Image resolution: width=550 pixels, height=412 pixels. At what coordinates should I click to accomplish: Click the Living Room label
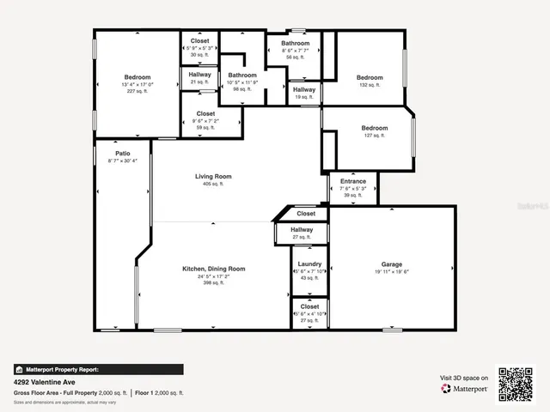212,177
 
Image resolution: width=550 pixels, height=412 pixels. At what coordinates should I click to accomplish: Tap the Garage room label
392,264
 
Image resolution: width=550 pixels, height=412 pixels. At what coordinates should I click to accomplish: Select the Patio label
123,154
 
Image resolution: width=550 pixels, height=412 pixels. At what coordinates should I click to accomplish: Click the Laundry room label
309,264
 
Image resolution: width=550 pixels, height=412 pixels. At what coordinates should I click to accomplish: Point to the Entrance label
352,182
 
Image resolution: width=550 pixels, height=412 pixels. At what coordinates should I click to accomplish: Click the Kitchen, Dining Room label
213,269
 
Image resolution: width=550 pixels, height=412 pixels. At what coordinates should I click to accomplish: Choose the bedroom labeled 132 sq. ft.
370,78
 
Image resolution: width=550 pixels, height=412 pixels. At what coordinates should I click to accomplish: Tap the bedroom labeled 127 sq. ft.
374,129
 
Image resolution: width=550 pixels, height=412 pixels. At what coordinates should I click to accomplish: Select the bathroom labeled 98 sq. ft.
241,76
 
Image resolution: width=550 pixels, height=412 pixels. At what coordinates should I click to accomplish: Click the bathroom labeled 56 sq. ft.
295,43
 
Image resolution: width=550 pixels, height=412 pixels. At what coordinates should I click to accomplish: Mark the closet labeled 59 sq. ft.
205,113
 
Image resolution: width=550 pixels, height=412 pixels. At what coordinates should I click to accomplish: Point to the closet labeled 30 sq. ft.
199,41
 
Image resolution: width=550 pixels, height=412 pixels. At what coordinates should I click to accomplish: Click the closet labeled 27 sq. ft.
309,306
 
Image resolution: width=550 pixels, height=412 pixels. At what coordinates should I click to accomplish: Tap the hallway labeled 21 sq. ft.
199,75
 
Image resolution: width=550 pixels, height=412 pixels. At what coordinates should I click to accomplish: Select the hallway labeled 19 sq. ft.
303,89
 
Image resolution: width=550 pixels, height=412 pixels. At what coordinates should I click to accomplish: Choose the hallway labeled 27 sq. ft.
301,230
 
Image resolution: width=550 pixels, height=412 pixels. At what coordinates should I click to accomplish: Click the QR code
516,384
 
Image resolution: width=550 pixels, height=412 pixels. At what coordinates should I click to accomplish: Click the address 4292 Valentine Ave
44,383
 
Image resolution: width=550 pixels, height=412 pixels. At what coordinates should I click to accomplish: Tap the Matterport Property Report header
62,370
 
